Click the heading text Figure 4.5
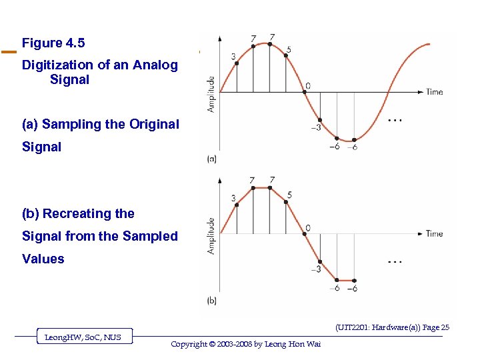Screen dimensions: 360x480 click(x=53, y=43)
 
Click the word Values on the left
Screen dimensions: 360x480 click(x=43, y=259)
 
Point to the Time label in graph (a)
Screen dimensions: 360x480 click(x=434, y=92)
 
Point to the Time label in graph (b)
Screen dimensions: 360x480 click(x=434, y=233)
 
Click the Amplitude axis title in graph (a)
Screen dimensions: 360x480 click(x=211, y=93)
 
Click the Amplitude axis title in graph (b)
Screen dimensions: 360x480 click(x=211, y=235)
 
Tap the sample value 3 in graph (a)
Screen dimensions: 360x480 click(x=233, y=57)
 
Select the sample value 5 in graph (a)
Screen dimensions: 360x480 click(x=288, y=49)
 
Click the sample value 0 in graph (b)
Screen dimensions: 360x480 click(x=307, y=228)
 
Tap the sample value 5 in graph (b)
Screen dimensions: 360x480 click(x=289, y=195)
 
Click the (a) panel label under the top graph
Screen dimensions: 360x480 click(x=211, y=159)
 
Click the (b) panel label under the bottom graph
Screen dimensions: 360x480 click(x=211, y=301)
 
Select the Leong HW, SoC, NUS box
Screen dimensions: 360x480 click(x=83, y=337)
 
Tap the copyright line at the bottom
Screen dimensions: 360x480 click(x=245, y=344)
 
